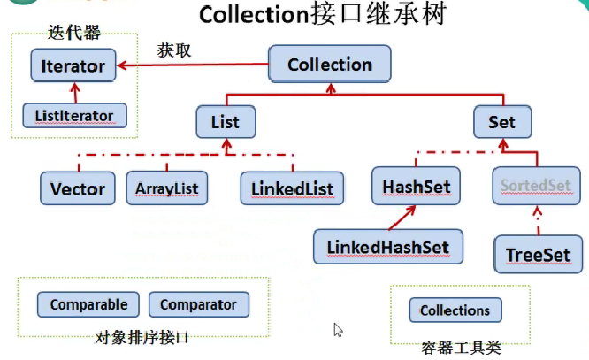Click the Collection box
(330, 64)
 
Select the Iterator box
(73, 65)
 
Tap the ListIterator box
(75, 115)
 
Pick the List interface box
(226, 122)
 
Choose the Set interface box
(502, 122)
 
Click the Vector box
(78, 188)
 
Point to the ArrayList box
(167, 188)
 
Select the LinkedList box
(292, 188)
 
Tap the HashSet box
(416, 186)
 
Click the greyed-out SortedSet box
(537, 186)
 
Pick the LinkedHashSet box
(388, 247)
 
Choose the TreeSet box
(539, 254)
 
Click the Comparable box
(88, 304)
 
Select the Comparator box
(199, 304)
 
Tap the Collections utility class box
(455, 310)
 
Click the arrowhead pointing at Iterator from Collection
(121, 65)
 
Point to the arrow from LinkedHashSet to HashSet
(402, 218)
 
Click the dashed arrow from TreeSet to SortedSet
(538, 220)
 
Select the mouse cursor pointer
(338, 330)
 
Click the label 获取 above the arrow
(174, 50)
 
